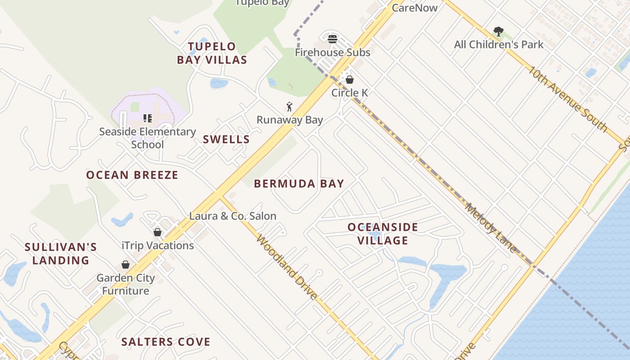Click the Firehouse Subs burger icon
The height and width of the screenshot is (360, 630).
(333, 39)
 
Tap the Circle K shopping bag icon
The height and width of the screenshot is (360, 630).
(349, 80)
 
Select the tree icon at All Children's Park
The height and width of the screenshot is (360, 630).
(498, 31)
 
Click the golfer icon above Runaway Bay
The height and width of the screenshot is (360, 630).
(289, 107)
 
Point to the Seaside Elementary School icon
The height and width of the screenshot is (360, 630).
(147, 118)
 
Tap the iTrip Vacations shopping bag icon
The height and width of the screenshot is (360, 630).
(157, 232)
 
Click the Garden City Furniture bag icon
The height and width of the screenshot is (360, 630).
(126, 265)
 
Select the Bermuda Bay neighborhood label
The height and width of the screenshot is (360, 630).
(299, 184)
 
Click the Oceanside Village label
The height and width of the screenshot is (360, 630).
(383, 234)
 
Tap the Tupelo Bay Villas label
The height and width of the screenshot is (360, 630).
(212, 53)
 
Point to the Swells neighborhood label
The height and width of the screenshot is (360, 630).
(226, 139)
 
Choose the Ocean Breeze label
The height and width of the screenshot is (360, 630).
(132, 175)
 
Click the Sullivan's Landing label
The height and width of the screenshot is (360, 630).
(61, 254)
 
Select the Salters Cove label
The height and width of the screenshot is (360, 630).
(166, 342)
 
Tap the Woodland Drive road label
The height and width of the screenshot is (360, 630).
(287, 266)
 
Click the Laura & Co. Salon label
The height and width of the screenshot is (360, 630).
(233, 216)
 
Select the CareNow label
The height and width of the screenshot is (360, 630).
(414, 8)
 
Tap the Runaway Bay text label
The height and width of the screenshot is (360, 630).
(290, 120)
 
